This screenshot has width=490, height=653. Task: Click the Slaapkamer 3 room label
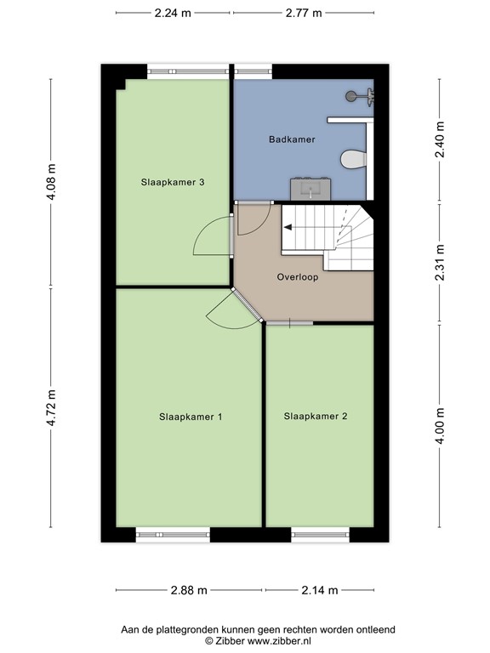tap(172, 182)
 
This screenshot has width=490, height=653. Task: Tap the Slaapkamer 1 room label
tap(191, 417)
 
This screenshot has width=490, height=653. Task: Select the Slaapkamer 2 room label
tap(316, 417)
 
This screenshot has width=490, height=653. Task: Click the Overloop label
tap(298, 276)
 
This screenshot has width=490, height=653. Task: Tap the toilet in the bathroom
tap(350, 159)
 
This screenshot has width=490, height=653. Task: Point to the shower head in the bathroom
tap(353, 96)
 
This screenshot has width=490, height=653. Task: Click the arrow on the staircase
tap(289, 227)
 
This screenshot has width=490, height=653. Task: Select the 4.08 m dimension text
tap(51, 182)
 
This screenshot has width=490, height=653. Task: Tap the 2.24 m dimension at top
tap(173, 13)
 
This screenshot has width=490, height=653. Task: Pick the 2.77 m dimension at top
tap(304, 13)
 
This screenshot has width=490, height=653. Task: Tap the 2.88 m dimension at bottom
tap(190, 590)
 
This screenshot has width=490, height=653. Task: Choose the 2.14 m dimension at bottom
tap(320, 590)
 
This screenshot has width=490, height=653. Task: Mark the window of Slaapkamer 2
tap(320, 534)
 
